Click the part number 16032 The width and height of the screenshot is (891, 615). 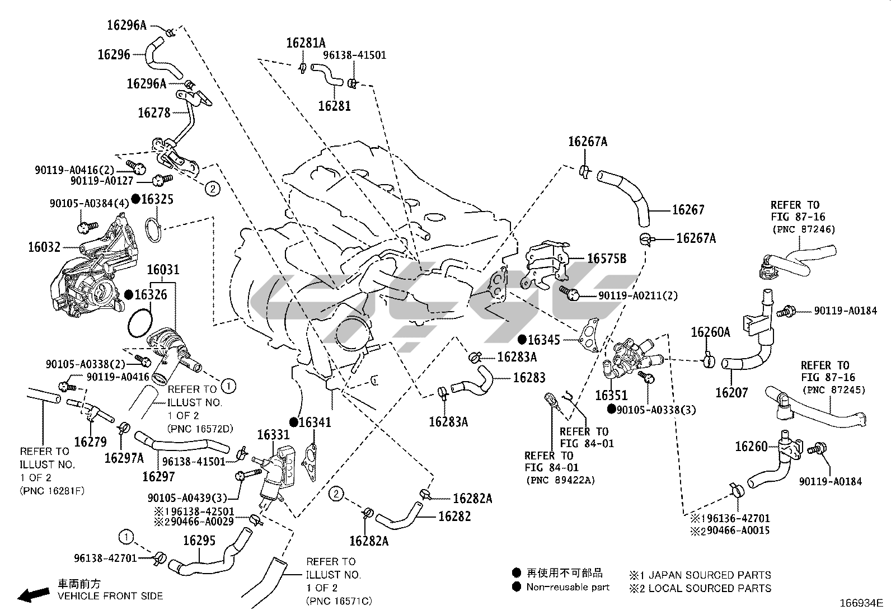[x=44, y=246]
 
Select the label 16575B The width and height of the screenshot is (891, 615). [x=606, y=259]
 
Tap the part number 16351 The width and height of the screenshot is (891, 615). [x=611, y=396]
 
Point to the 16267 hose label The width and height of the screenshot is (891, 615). [x=688, y=210]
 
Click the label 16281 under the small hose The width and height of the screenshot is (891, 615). [x=334, y=105]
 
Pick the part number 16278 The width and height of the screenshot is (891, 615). [x=154, y=112]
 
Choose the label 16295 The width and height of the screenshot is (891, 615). [x=200, y=541]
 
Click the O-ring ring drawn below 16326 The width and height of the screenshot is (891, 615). [x=139, y=323]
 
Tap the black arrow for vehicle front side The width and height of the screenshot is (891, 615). [x=32, y=595]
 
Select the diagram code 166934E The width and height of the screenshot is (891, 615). [x=860, y=603]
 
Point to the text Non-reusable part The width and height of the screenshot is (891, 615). [x=568, y=587]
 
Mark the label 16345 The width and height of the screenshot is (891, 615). [x=544, y=339]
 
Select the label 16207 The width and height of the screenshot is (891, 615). [x=731, y=393]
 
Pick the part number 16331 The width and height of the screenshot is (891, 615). [x=273, y=435]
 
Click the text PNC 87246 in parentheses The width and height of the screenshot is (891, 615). [x=803, y=229]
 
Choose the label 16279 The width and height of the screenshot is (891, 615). [x=90, y=442]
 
